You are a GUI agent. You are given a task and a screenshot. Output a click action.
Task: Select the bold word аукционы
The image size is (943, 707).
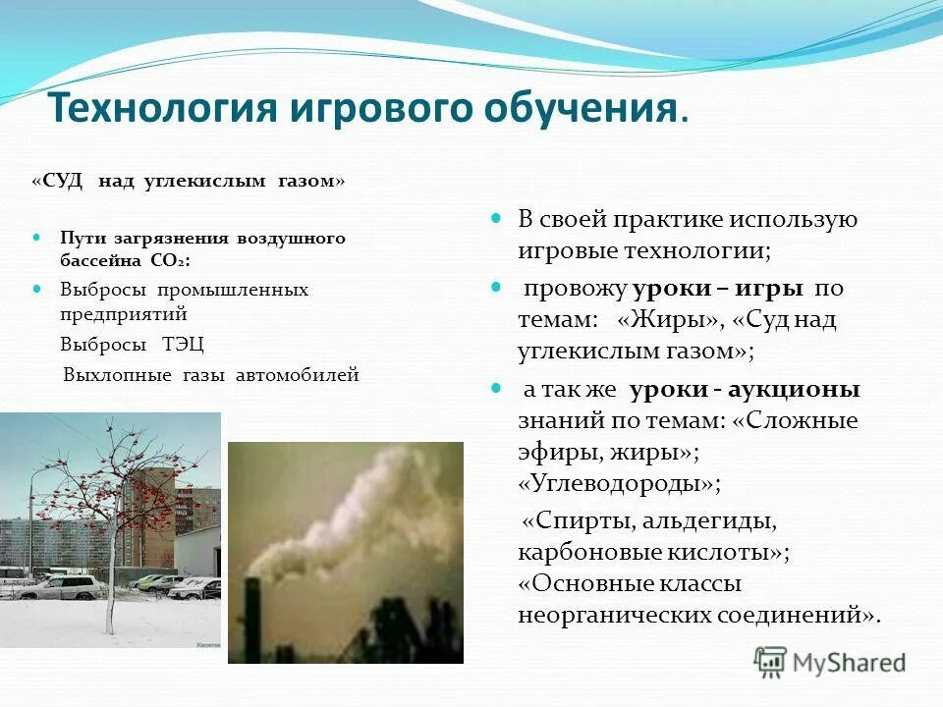click(x=802, y=390)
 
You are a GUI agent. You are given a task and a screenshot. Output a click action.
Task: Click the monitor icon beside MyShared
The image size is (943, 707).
click(x=771, y=662)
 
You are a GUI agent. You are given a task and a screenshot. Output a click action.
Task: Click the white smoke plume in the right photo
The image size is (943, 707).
click(x=354, y=511)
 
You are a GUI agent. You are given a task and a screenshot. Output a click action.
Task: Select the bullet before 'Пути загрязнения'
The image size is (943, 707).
click(x=37, y=238)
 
